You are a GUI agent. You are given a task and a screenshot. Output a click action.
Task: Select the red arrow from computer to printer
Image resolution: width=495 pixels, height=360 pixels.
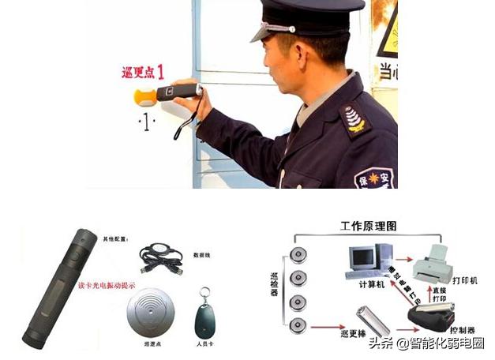coord(403,258)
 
